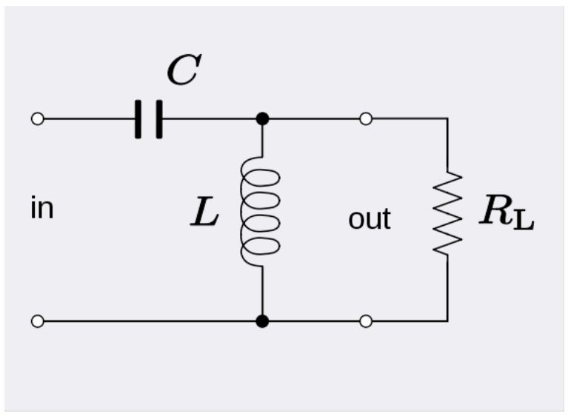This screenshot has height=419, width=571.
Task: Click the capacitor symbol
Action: click(x=148, y=118)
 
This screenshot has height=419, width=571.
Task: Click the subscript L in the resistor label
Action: click(x=524, y=220)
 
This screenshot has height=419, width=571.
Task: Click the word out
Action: click(x=370, y=219)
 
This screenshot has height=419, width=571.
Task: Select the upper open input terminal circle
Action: click(x=38, y=118)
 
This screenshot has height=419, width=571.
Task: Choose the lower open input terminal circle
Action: click(x=38, y=321)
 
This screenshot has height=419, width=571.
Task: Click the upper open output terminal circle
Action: click(x=366, y=118)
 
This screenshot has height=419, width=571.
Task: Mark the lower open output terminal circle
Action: click(x=366, y=321)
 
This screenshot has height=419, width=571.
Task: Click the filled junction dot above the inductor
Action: click(x=261, y=118)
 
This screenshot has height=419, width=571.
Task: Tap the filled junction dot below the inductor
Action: click(x=261, y=321)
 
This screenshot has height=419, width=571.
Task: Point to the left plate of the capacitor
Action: click(x=138, y=118)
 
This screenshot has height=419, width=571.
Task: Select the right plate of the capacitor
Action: click(x=158, y=118)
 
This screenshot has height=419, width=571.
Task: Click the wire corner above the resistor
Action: click(x=447, y=118)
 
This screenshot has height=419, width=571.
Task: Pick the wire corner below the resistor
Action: click(x=447, y=321)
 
